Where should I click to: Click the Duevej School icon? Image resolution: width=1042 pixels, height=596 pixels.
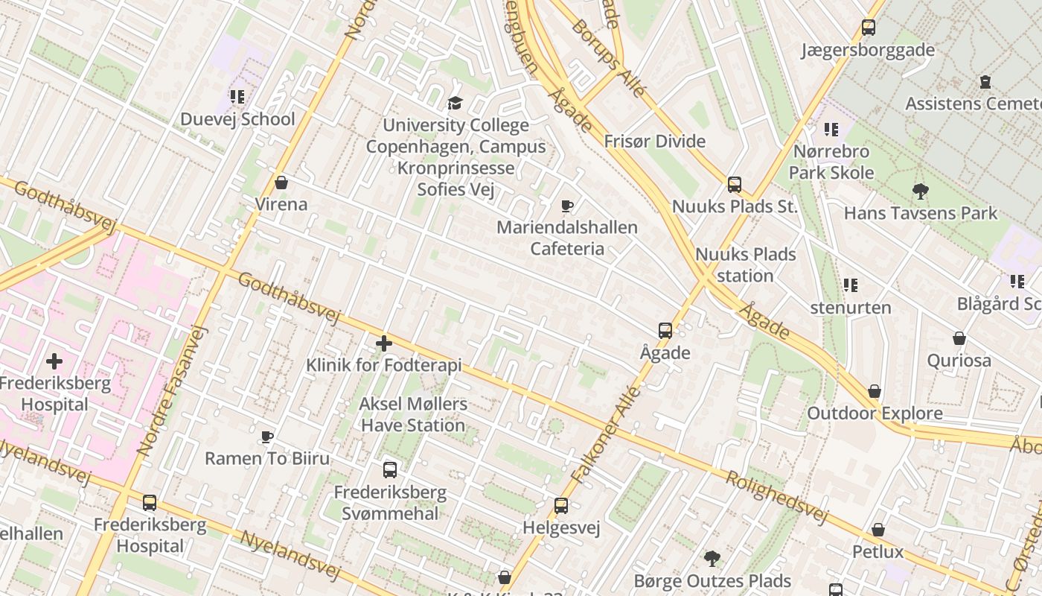coord(237,96)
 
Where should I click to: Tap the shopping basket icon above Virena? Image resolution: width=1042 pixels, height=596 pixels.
coord(281,182)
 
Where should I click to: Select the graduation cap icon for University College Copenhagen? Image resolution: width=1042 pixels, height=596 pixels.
coord(455,103)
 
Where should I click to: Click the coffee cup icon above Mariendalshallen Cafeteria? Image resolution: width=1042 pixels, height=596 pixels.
coord(567,206)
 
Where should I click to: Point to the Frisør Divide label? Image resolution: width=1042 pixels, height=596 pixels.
coord(654,142)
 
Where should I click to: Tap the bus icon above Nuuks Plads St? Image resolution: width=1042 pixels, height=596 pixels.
coord(735,184)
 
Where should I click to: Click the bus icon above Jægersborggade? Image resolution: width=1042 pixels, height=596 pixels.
coord(868,28)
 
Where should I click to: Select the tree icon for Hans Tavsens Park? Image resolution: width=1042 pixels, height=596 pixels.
coord(921,191)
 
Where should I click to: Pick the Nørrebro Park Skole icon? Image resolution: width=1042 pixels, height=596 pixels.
coord(831,130)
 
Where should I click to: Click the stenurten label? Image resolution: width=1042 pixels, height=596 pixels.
coord(850,308)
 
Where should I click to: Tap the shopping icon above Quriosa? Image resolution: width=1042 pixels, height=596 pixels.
coord(959,338)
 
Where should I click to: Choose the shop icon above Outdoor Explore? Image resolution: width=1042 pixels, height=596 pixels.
coord(875,391)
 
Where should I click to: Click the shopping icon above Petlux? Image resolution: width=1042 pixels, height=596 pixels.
coord(878,530)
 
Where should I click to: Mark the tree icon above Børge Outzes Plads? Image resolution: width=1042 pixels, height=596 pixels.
coord(712,558)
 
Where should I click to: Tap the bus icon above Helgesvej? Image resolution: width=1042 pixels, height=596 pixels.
coord(561,506)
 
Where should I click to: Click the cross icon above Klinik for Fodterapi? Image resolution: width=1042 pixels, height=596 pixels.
coord(384,343)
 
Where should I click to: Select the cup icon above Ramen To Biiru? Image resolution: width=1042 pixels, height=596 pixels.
coord(267,436)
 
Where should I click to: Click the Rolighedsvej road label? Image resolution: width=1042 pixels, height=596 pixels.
coord(776,496)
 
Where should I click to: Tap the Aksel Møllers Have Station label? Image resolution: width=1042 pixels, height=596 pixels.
coord(413,415)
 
